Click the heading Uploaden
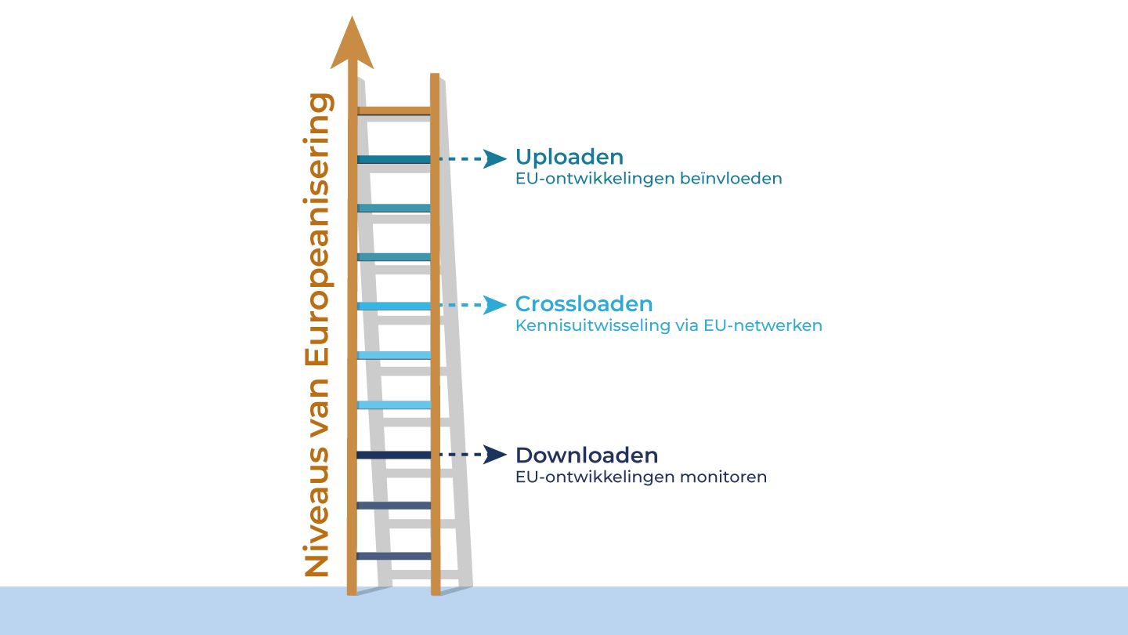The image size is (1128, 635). (x=569, y=157)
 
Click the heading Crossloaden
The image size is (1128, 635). (x=584, y=304)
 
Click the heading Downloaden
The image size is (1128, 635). (x=586, y=455)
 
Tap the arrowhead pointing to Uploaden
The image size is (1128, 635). (x=494, y=158)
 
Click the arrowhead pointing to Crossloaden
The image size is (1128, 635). (x=494, y=305)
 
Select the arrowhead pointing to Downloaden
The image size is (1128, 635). (x=494, y=455)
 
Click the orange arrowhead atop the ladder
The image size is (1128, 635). (x=352, y=43)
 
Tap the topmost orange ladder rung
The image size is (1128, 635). (x=394, y=111)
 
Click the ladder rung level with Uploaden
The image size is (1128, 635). (x=394, y=159)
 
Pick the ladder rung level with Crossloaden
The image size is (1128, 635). (x=394, y=306)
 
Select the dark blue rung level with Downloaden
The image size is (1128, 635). (x=394, y=455)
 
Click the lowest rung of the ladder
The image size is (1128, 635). (x=394, y=556)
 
